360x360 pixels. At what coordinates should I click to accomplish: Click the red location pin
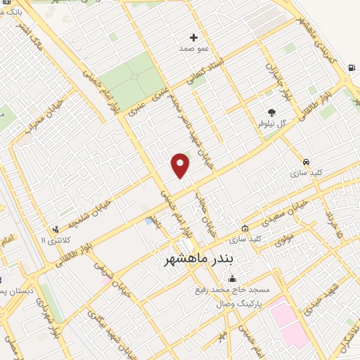(x=181, y=165)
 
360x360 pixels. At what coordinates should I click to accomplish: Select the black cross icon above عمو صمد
(x=194, y=37)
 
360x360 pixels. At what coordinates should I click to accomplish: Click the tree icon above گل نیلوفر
(x=272, y=112)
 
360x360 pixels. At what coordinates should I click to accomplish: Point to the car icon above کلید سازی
(x=306, y=160)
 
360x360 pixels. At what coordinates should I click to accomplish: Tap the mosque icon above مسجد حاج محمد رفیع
(x=233, y=279)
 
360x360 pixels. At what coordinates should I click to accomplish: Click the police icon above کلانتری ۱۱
(x=55, y=229)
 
